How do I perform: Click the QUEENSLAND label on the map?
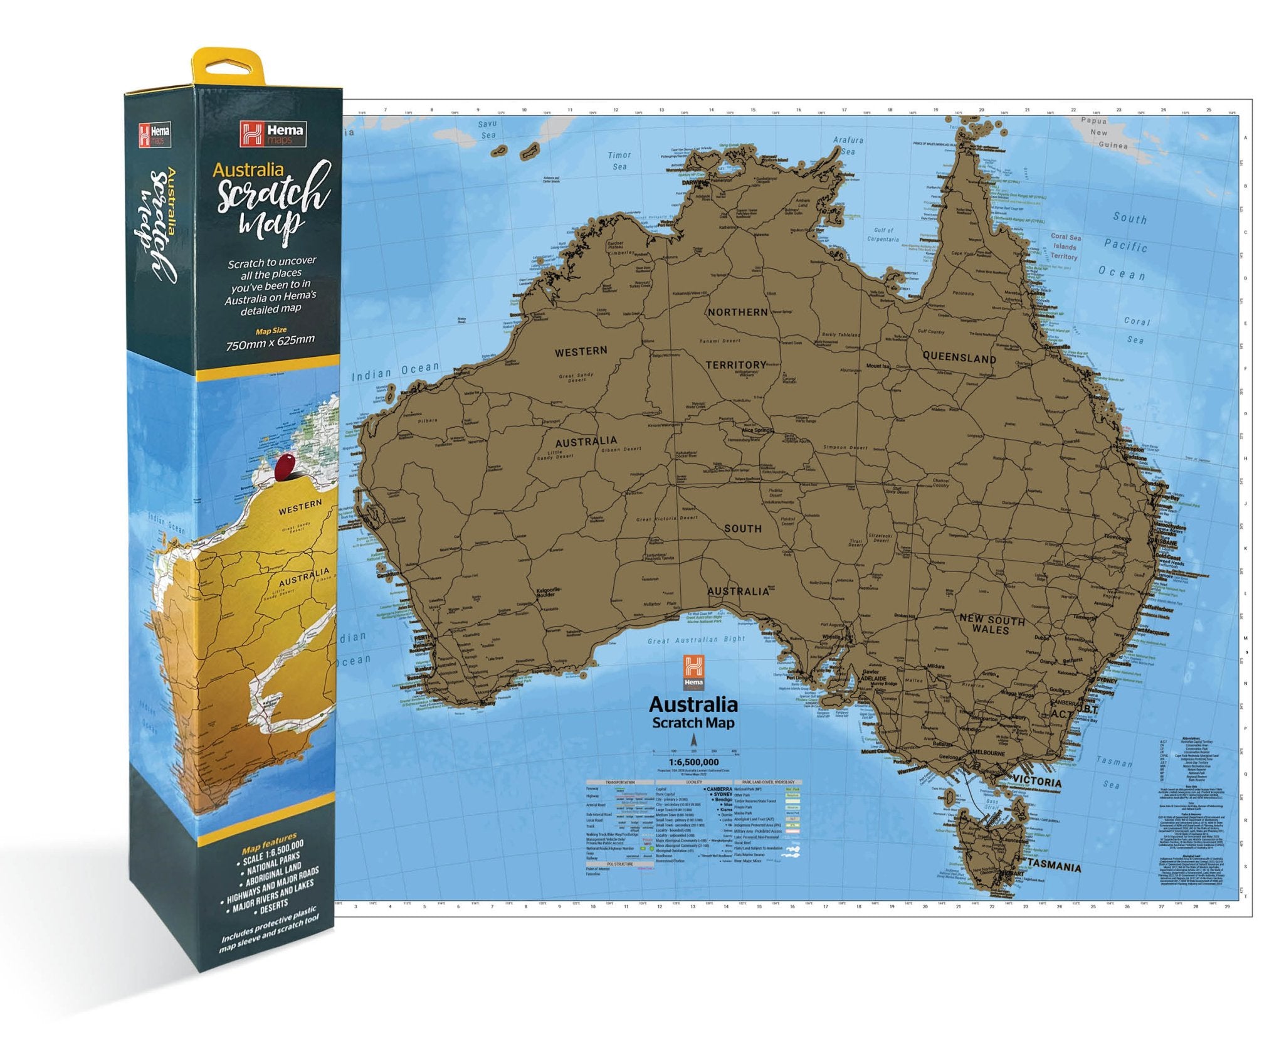[959, 358]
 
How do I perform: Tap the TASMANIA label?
[1053, 866]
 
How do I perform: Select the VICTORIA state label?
[1038, 782]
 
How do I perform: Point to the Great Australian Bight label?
[696, 640]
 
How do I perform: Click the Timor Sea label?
[619, 161]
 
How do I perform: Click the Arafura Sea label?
[848, 146]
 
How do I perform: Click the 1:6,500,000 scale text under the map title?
[693, 762]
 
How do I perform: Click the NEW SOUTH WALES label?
[992, 624]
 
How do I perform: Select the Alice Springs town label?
[757, 431]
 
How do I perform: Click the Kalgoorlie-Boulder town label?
[549, 592]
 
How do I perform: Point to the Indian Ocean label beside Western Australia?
[395, 372]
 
